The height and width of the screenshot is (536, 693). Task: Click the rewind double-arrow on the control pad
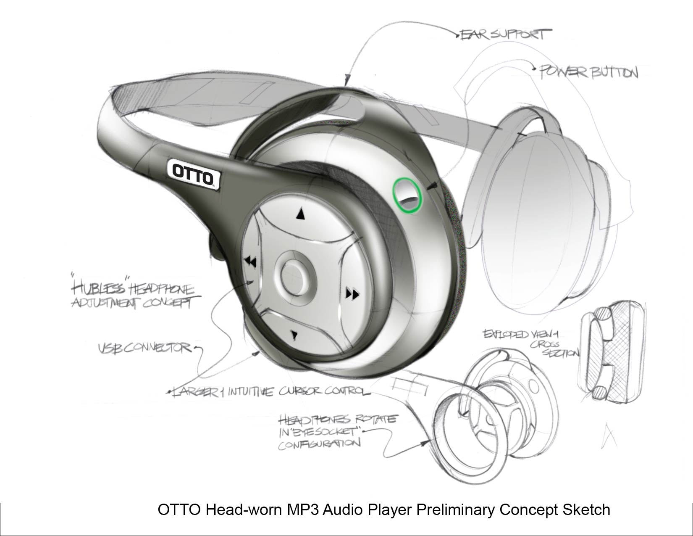pyautogui.click(x=251, y=262)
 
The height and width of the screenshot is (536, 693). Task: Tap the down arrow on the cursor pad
pyautogui.click(x=294, y=335)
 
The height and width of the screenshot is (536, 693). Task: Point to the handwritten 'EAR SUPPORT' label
pyautogui.click(x=504, y=34)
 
